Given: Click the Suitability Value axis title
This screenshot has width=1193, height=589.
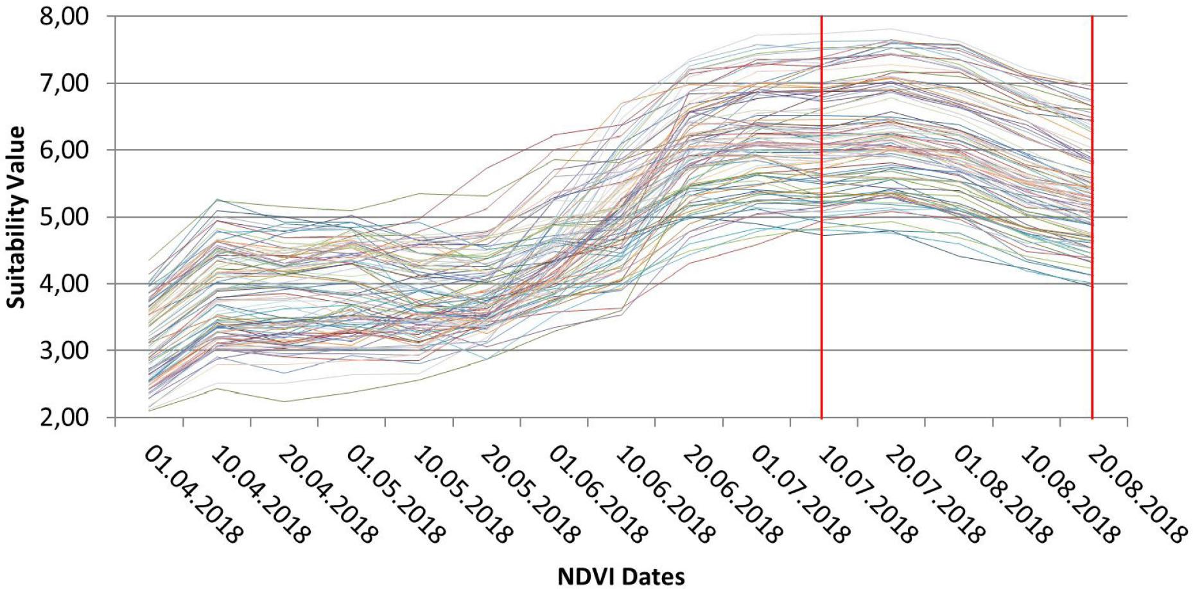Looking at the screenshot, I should pyautogui.click(x=17, y=217).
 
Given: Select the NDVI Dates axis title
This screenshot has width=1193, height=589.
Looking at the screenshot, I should pyautogui.click(x=620, y=576).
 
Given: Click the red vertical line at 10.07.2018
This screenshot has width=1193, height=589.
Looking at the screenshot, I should pyautogui.click(x=822, y=257).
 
